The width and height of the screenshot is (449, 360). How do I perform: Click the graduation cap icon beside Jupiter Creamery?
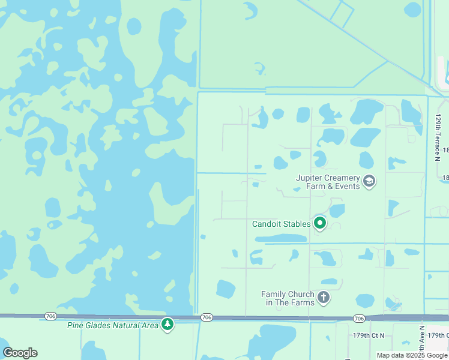click(369, 181)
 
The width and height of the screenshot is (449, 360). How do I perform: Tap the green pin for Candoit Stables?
click(320, 224)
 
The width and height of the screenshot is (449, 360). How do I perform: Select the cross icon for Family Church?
click(323, 298)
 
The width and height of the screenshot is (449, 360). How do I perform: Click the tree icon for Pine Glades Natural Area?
click(167, 325)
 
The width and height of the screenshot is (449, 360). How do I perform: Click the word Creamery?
click(343, 178)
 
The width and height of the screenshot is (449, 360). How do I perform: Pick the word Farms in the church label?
click(301, 302)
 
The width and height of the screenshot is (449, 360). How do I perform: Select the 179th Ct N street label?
click(369, 335)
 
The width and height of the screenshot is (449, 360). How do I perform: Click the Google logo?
click(20, 353)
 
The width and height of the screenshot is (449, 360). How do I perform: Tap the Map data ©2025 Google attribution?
click(412, 355)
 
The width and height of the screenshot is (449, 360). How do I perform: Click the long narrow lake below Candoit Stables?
click(280, 239)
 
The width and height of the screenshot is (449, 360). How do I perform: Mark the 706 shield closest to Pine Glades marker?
click(206, 317)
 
